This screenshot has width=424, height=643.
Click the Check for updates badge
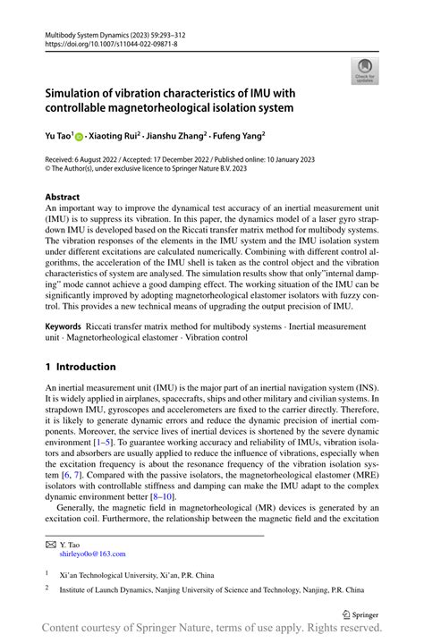(x=365, y=70)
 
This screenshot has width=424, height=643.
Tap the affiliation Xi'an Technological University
(x=121, y=573)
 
